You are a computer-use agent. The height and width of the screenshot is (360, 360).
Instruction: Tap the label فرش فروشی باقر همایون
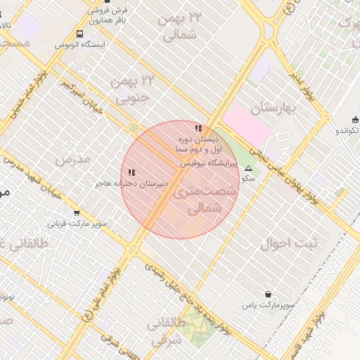(x=108, y=15)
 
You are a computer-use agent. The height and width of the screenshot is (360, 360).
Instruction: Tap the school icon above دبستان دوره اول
(x=199, y=128)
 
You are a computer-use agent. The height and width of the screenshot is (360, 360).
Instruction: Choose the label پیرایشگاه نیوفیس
(x=209, y=163)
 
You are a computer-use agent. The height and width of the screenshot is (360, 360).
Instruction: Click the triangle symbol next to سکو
(x=247, y=168)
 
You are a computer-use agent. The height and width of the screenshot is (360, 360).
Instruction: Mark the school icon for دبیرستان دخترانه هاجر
(x=131, y=172)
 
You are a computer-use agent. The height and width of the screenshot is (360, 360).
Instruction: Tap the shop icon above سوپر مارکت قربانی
(x=76, y=213)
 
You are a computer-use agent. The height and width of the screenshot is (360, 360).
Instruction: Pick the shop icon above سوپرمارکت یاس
(x=268, y=294)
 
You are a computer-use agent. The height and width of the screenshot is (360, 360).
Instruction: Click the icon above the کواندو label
(x=354, y=119)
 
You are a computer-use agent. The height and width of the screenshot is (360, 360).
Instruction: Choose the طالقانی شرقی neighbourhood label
(x=168, y=332)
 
